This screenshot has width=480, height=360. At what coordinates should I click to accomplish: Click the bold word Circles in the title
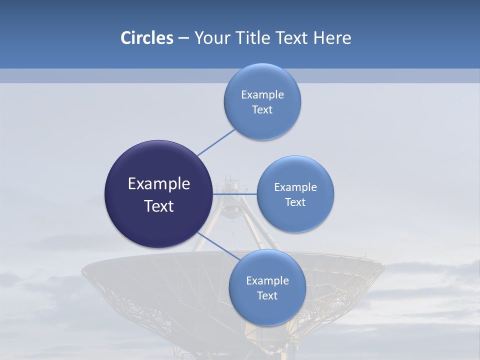147,38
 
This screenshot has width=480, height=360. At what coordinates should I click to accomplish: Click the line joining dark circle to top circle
216,142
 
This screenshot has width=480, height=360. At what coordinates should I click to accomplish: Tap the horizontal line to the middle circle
234,194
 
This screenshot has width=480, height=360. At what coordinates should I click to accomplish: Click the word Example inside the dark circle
159,184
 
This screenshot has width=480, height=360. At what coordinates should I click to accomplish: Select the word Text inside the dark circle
159,206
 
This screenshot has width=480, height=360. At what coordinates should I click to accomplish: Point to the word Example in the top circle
262,95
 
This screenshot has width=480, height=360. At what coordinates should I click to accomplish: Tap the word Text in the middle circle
295,202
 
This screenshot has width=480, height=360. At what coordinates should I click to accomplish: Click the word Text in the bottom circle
267,296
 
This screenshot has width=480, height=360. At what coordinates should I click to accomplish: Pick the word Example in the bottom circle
267,281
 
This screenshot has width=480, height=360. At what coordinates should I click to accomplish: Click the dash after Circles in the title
183,38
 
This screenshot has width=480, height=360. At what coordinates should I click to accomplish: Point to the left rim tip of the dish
83,272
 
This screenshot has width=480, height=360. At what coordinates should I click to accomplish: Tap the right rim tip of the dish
383,270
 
